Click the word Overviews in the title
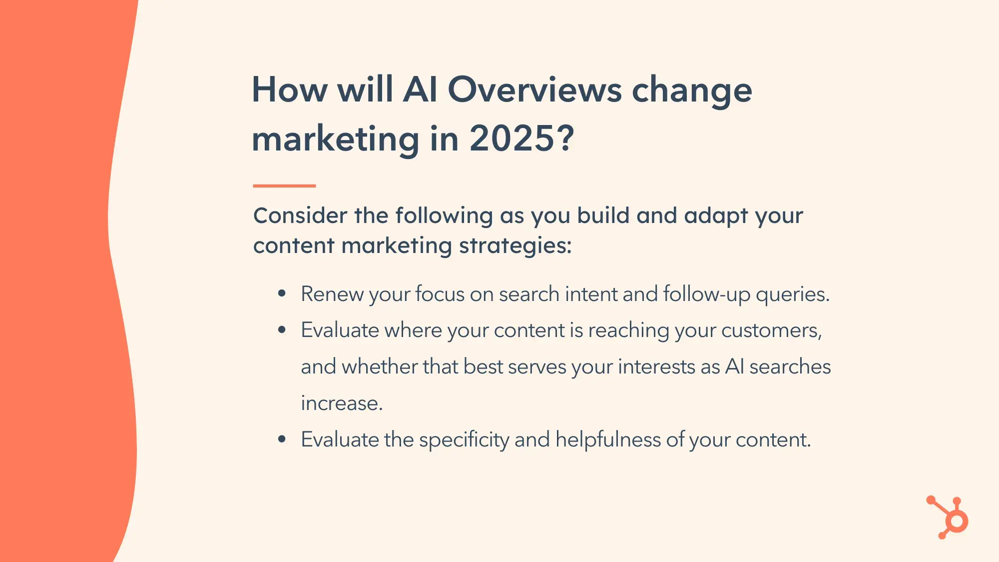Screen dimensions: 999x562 534,90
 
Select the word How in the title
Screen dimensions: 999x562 290,90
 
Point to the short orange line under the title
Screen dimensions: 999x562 284,186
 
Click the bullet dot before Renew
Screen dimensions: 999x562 282,293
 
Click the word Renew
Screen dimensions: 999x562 332,294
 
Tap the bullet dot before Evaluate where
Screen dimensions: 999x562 282,330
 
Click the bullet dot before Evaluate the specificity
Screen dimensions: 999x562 282,439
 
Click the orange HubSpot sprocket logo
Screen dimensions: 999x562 948,517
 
